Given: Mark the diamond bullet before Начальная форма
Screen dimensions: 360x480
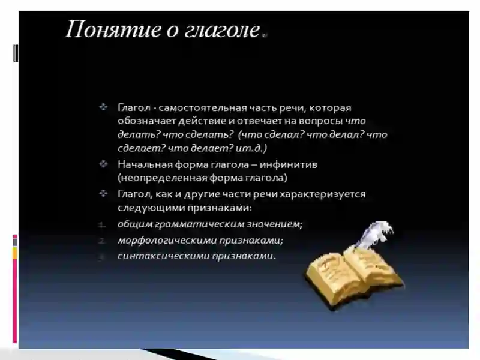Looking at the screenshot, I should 104,163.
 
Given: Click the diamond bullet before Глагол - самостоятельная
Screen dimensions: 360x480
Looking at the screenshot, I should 104,107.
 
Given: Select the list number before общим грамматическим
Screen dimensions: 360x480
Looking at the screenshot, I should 103,225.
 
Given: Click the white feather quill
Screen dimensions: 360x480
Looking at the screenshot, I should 374,233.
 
